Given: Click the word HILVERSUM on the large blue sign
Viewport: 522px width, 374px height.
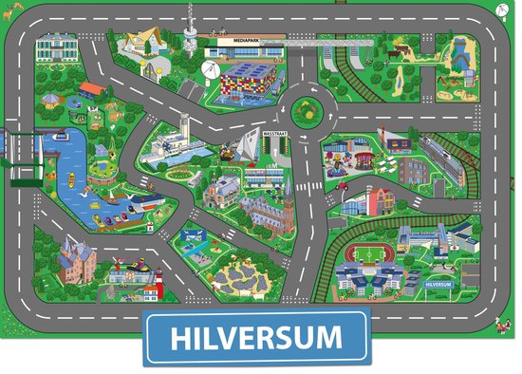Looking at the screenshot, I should (256, 338).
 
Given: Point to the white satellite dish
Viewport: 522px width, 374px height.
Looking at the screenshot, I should (212, 68).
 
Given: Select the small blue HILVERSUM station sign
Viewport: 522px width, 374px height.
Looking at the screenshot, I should (438, 284).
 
